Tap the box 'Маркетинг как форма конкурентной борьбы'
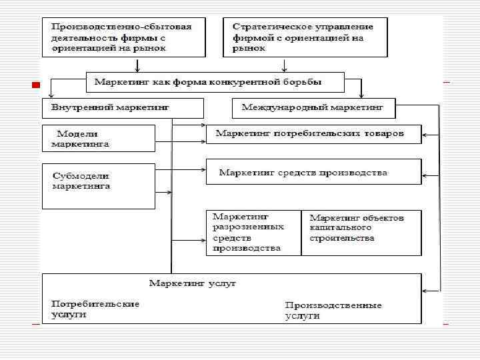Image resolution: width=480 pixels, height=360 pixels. pyautogui.click(x=215, y=82)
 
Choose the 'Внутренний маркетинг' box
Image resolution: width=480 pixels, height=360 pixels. pyautogui.click(x=122, y=107)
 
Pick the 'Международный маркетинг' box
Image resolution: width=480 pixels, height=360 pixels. pyautogui.click(x=313, y=107)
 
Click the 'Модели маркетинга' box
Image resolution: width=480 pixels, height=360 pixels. pyautogui.click(x=98, y=138)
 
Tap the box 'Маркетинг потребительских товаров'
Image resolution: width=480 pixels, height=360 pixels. pyautogui.click(x=313, y=133)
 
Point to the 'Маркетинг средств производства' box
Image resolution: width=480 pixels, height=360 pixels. pyautogui.click(x=313, y=172)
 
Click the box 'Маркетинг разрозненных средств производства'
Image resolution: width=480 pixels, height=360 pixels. pyautogui.click(x=253, y=232)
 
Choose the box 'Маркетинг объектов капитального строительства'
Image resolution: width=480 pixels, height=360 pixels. pyautogui.click(x=361, y=232)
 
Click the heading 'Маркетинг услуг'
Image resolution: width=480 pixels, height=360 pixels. pyautogui.click(x=193, y=283)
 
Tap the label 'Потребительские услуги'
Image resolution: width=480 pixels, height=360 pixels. pyautogui.click(x=95, y=308)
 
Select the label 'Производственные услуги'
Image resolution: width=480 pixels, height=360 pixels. pyautogui.click(x=333, y=310)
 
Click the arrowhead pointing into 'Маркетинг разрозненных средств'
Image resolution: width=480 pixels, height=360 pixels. pyautogui.click(x=203, y=237)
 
